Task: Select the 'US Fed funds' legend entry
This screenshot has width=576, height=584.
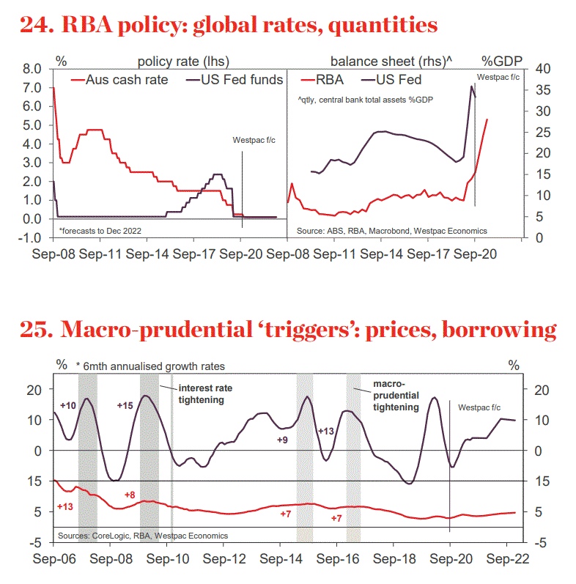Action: (x=242, y=80)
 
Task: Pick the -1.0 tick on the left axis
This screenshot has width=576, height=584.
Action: (x=31, y=237)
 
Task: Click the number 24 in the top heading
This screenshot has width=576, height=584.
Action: (x=35, y=26)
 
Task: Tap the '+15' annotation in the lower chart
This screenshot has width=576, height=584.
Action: (x=126, y=404)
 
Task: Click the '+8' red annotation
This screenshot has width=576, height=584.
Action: (x=130, y=495)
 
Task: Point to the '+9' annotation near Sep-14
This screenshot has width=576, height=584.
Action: (x=282, y=440)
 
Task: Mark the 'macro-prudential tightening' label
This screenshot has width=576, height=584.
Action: (x=396, y=395)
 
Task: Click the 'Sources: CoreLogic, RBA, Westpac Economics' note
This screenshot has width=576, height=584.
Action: (x=142, y=536)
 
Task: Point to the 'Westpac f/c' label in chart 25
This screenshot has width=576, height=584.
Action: (x=479, y=407)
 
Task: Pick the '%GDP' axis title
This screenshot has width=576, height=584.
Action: (x=500, y=59)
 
